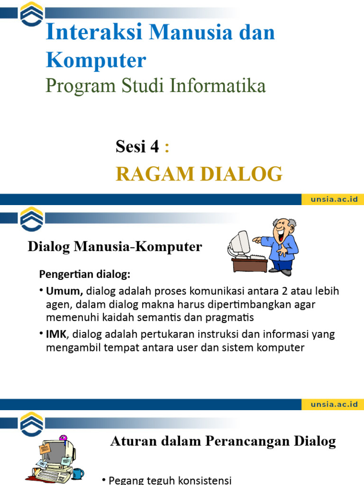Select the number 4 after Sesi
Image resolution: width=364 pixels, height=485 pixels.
[x=154, y=147]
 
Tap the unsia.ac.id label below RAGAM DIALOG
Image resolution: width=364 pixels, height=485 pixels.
[x=334, y=199]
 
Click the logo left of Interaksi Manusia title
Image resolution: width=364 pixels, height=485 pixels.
[x=31, y=15]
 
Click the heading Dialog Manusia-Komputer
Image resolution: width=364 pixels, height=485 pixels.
[x=115, y=247]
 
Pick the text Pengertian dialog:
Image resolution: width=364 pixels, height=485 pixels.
[x=84, y=275]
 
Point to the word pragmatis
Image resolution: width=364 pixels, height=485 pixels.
[x=234, y=317]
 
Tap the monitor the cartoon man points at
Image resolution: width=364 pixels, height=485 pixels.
[x=238, y=243]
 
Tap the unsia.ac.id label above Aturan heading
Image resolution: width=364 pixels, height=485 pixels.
[x=334, y=404]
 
